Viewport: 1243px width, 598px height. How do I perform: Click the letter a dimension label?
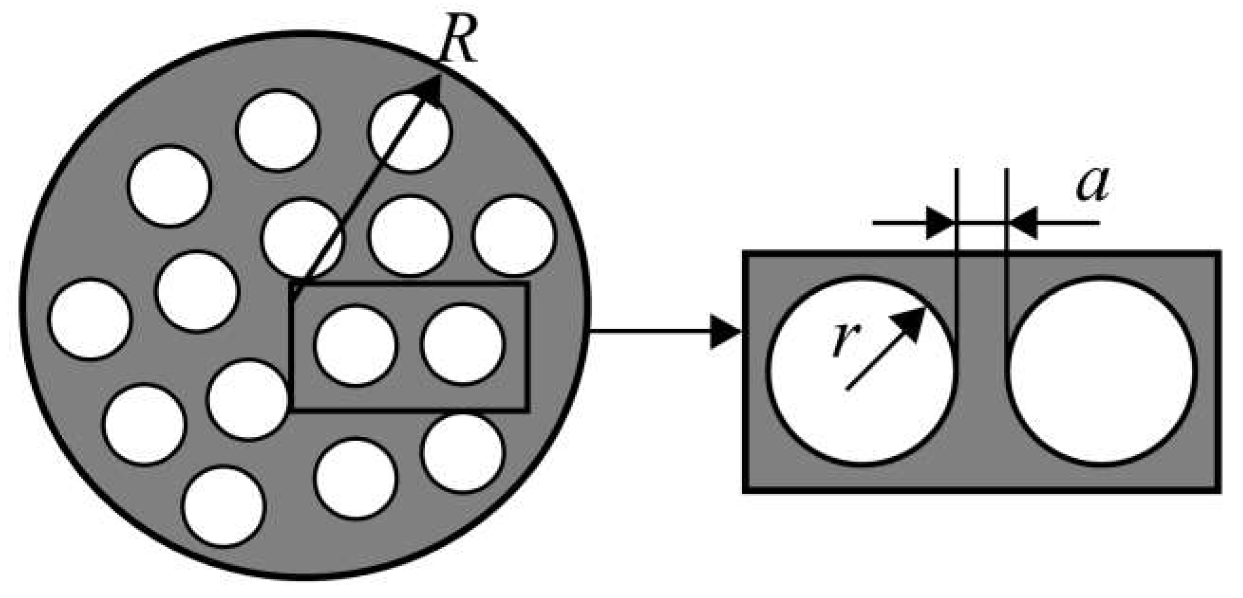pyautogui.click(x=1093, y=186)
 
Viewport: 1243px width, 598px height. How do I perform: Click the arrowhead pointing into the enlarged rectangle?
pyautogui.click(x=726, y=331)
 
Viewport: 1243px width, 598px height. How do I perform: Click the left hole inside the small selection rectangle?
pyautogui.click(x=355, y=345)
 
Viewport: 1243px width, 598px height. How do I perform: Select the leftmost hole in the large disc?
pyautogui.click(x=90, y=318)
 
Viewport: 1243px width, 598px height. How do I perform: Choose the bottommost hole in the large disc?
pyautogui.click(x=224, y=506)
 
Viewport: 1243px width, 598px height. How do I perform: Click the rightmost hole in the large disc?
pyautogui.click(x=514, y=236)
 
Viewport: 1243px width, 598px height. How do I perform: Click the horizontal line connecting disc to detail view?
pyautogui.click(x=652, y=331)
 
